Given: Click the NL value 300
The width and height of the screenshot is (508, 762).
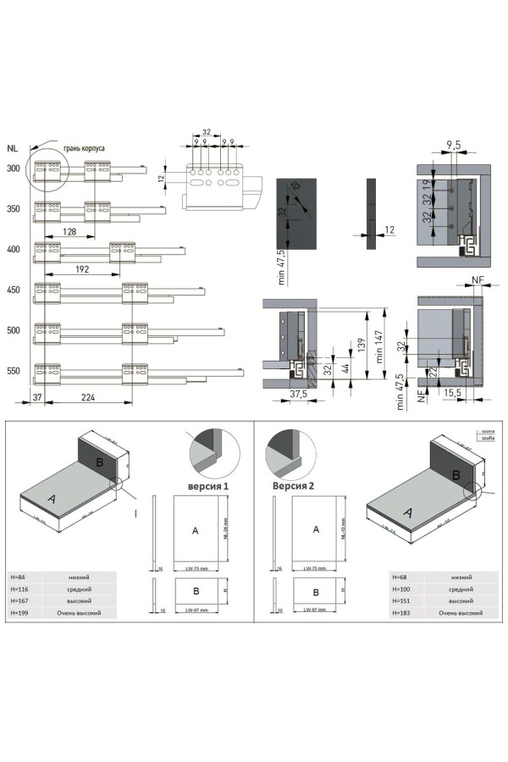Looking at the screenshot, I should (x=13, y=168).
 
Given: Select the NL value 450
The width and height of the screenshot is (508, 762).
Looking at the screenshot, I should (x=13, y=290).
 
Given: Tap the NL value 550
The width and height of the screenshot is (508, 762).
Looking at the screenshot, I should (x=13, y=371).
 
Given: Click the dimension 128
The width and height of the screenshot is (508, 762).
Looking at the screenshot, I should (x=69, y=231).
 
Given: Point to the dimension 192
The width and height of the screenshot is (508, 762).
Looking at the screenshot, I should (x=83, y=270).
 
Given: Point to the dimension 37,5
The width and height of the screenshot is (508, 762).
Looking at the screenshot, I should (x=295, y=394).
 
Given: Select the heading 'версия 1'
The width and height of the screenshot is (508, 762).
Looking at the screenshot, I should (x=207, y=488).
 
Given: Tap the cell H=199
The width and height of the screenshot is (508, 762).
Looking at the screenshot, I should (x=30, y=611).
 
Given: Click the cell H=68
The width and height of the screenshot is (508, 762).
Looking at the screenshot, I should (x=400, y=577).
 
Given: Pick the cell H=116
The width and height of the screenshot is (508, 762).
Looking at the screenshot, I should (x=30, y=588).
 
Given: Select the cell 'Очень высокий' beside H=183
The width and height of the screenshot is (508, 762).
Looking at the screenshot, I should (x=461, y=611).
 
